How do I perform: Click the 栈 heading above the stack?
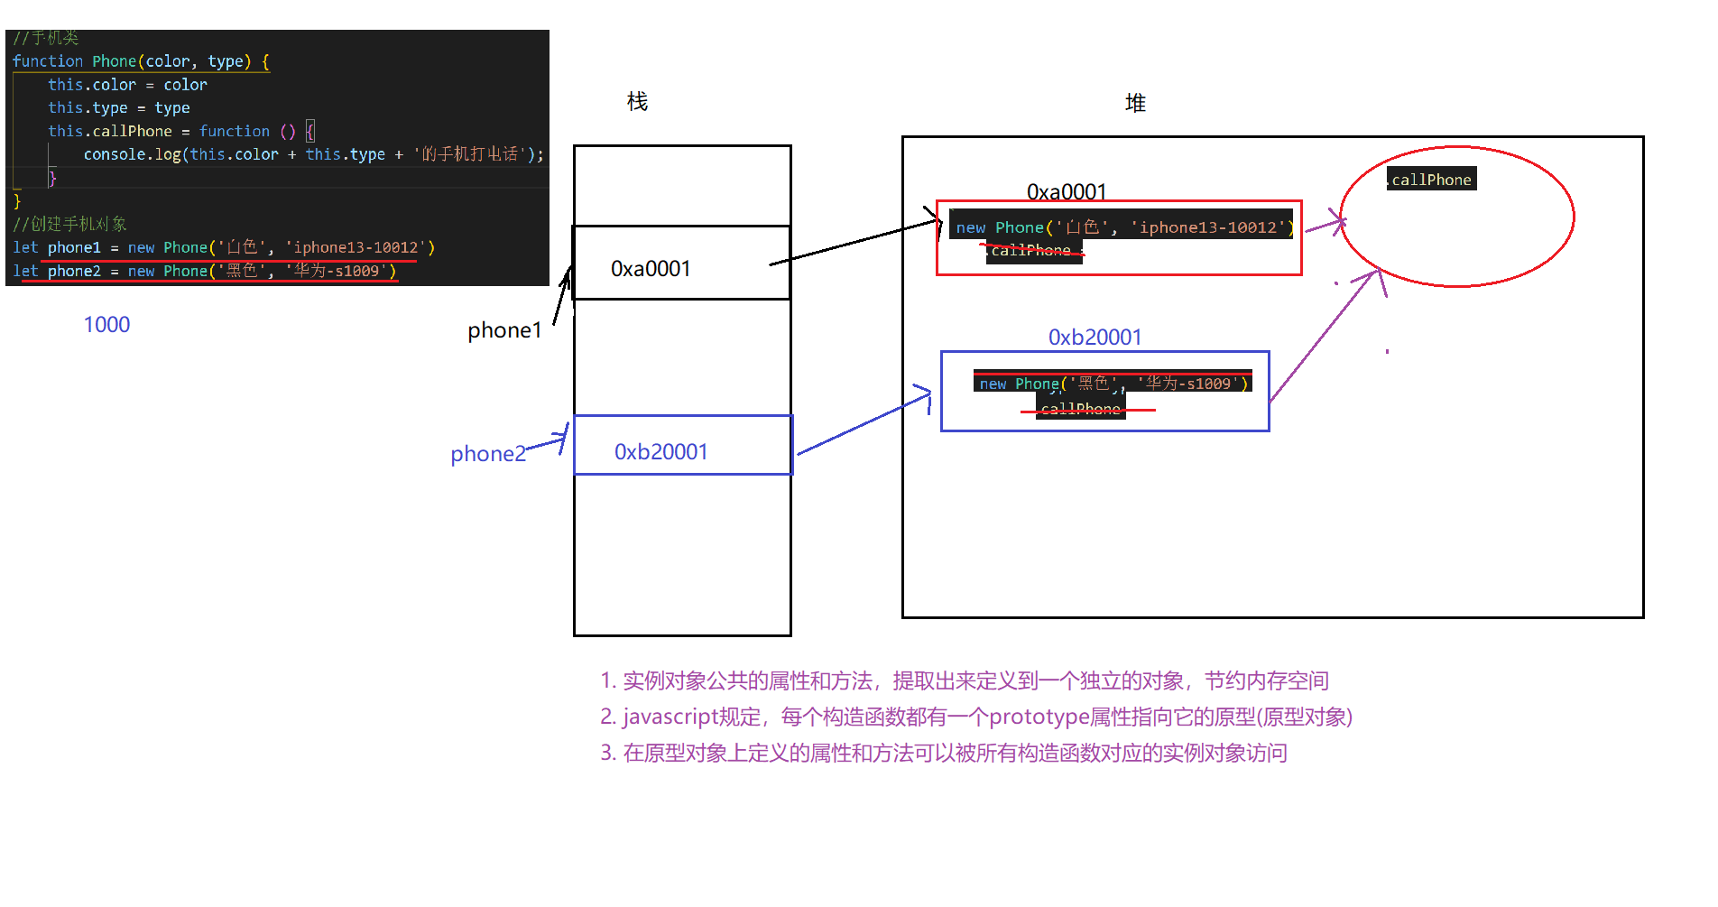[x=637, y=102]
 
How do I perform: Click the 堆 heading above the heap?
[x=1135, y=104]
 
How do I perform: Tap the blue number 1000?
[x=106, y=325]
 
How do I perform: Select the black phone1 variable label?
[x=504, y=331]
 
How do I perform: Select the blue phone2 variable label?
[x=487, y=454]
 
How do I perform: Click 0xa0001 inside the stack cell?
[x=651, y=269]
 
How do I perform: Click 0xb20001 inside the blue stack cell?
[x=661, y=452]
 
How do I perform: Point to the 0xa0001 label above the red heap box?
[x=1067, y=192]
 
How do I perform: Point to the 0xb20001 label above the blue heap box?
[x=1095, y=338]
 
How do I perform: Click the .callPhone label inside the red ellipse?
[x=1431, y=180]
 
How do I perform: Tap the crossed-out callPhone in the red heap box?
[x=1031, y=251]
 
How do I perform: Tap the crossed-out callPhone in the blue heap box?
[x=1080, y=410]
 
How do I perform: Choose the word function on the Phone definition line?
[x=47, y=61]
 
